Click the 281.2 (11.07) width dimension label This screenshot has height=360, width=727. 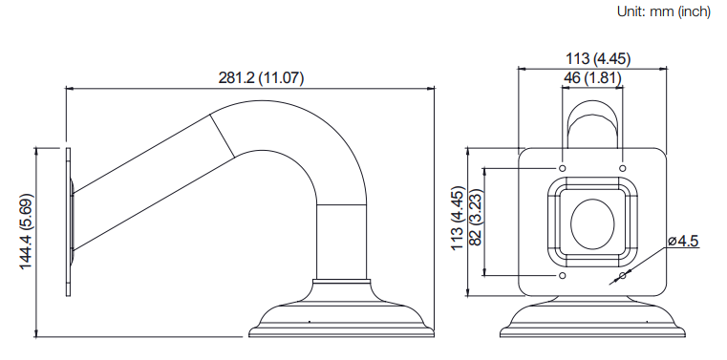[x=261, y=78]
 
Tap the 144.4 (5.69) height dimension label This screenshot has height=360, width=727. [x=27, y=231]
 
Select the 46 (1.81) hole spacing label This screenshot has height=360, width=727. [x=592, y=78]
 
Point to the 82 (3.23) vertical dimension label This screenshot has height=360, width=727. [x=476, y=218]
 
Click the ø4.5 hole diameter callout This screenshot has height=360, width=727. [x=683, y=241]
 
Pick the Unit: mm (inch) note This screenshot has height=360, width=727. [x=664, y=11]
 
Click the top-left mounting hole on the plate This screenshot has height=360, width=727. [x=563, y=168]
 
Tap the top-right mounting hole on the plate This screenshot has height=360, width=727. [x=623, y=168]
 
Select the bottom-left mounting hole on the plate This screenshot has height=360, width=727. [x=563, y=276]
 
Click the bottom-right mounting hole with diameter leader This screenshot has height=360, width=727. [x=623, y=276]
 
